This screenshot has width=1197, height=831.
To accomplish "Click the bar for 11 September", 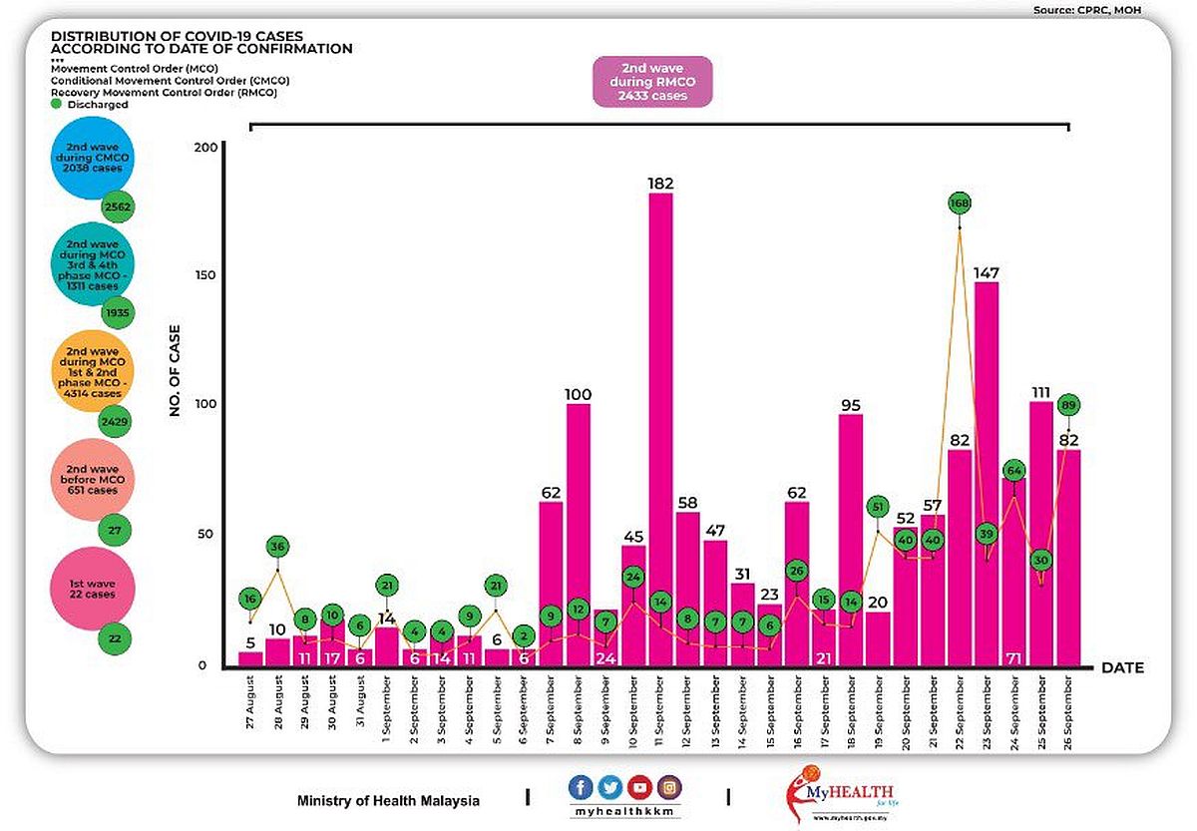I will (660, 429).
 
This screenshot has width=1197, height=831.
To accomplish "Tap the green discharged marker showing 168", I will (960, 204).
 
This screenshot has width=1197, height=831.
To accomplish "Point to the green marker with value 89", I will (1068, 406).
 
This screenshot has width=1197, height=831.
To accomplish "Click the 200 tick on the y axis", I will (203, 147).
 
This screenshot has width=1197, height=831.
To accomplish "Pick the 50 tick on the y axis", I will (207, 535).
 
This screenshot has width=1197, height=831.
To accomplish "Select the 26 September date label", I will (1068, 710).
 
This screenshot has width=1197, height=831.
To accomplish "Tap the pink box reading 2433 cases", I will (653, 81).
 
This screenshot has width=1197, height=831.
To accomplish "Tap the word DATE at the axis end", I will (1124, 667).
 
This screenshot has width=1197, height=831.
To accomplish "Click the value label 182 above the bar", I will (660, 184).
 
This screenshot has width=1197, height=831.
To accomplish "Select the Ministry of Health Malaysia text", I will (388, 801).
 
